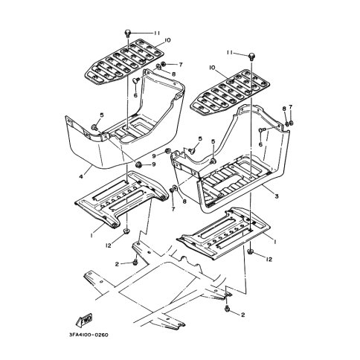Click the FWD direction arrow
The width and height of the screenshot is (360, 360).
[84, 319]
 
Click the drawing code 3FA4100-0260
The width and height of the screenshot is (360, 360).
[89, 335]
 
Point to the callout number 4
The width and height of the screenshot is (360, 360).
[81, 176]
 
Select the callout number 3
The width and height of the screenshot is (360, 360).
[277, 196]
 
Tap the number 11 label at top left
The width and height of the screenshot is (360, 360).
[157, 33]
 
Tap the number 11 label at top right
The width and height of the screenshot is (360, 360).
[230, 52]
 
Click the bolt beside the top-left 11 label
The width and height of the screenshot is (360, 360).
[128, 33]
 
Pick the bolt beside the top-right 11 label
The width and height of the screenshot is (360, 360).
[252, 56]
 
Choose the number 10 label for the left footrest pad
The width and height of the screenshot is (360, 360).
[167, 40]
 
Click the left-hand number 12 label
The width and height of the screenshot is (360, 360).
[109, 245]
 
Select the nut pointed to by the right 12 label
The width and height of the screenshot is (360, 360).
[250, 251]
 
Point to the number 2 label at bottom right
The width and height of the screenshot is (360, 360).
[243, 315]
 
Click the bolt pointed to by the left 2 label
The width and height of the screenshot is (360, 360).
[135, 262]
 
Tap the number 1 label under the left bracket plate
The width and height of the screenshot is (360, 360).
[91, 235]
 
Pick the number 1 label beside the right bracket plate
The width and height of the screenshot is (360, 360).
[274, 241]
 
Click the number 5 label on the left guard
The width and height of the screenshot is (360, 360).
[102, 115]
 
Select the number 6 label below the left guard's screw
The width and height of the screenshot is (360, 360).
[135, 95]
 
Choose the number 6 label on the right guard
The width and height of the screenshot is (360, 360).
[260, 144]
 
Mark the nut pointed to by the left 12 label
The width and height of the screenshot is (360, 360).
[126, 231]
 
